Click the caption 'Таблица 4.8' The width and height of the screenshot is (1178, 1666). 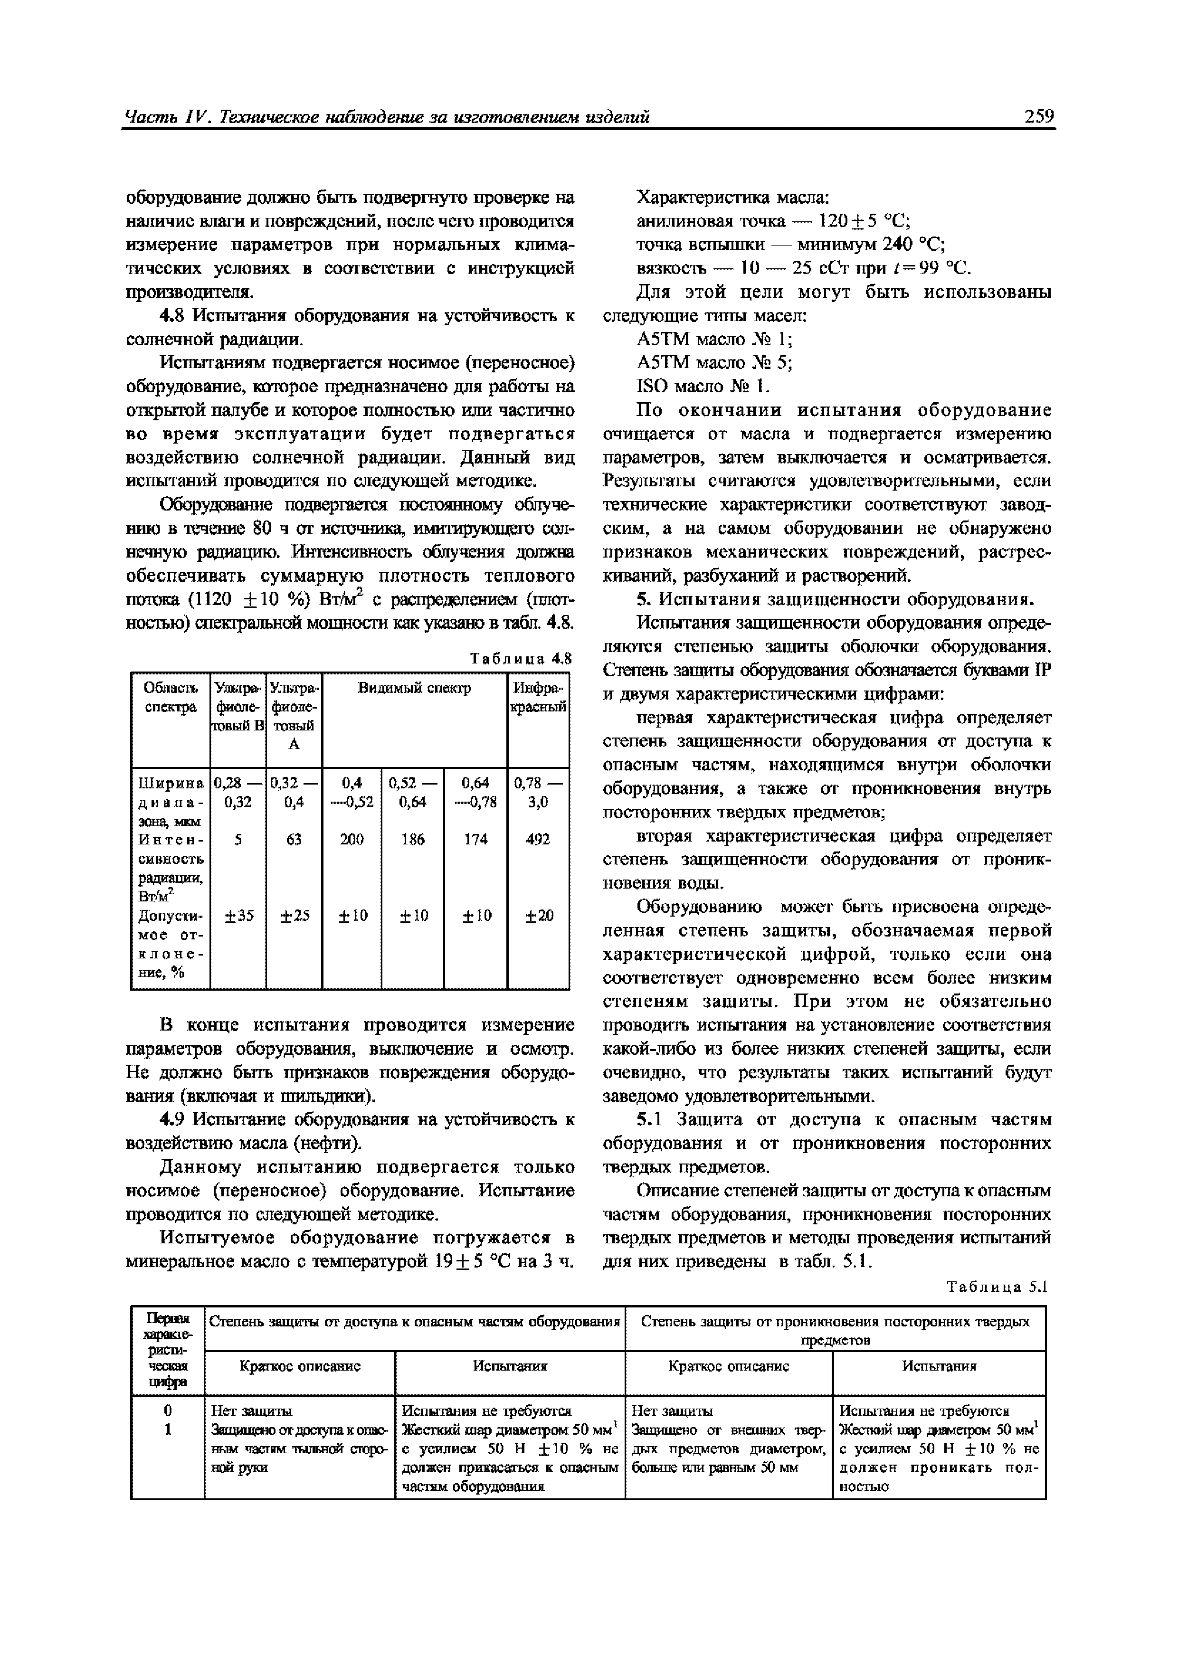click(x=521, y=659)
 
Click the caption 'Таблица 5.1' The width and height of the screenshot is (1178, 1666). click(x=998, y=1287)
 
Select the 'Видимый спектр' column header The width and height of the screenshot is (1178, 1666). click(x=415, y=687)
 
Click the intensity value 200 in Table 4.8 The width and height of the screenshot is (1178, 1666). click(x=352, y=839)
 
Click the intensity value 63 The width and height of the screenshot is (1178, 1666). click(x=294, y=839)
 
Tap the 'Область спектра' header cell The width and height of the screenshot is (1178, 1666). click(x=171, y=697)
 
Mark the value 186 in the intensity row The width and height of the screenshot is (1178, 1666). click(x=412, y=839)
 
